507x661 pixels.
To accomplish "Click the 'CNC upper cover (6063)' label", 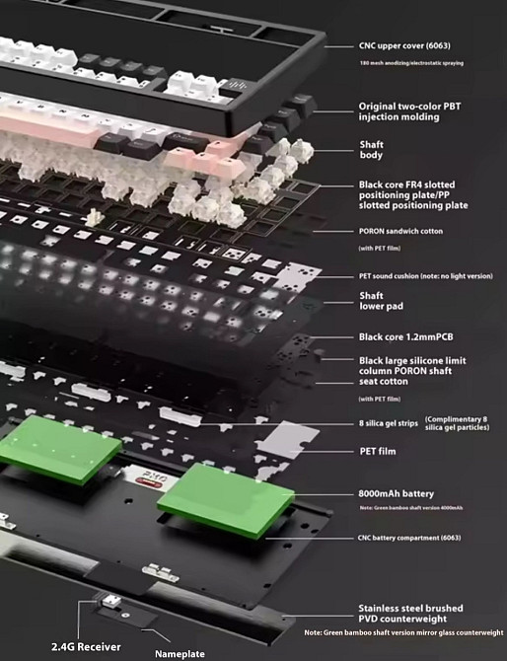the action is pos(404,45).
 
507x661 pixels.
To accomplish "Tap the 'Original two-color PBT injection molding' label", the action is pos(409,111).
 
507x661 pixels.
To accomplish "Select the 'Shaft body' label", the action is pos(371,150).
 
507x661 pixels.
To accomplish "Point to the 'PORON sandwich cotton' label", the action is pos(400,231).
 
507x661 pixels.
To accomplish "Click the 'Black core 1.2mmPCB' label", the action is pos(405,336).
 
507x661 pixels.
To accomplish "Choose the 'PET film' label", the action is pos(378,451).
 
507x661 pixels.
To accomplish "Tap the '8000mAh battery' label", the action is pos(396,493).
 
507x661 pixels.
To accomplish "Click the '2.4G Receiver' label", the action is pos(86,646).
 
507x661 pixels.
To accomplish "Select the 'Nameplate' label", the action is pos(180,654).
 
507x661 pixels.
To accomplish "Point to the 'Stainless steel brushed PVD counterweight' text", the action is pos(410,614).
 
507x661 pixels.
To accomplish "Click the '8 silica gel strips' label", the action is pos(389,423).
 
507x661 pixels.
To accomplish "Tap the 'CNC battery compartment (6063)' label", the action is pos(409,538).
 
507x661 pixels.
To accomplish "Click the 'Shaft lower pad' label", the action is pos(381,301).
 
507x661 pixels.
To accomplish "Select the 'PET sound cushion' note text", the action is pos(426,276).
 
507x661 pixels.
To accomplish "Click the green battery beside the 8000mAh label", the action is pos(226,499).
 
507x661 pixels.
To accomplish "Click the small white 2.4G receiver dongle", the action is pos(111,600).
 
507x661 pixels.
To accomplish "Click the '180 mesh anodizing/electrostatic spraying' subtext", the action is pos(411,63).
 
